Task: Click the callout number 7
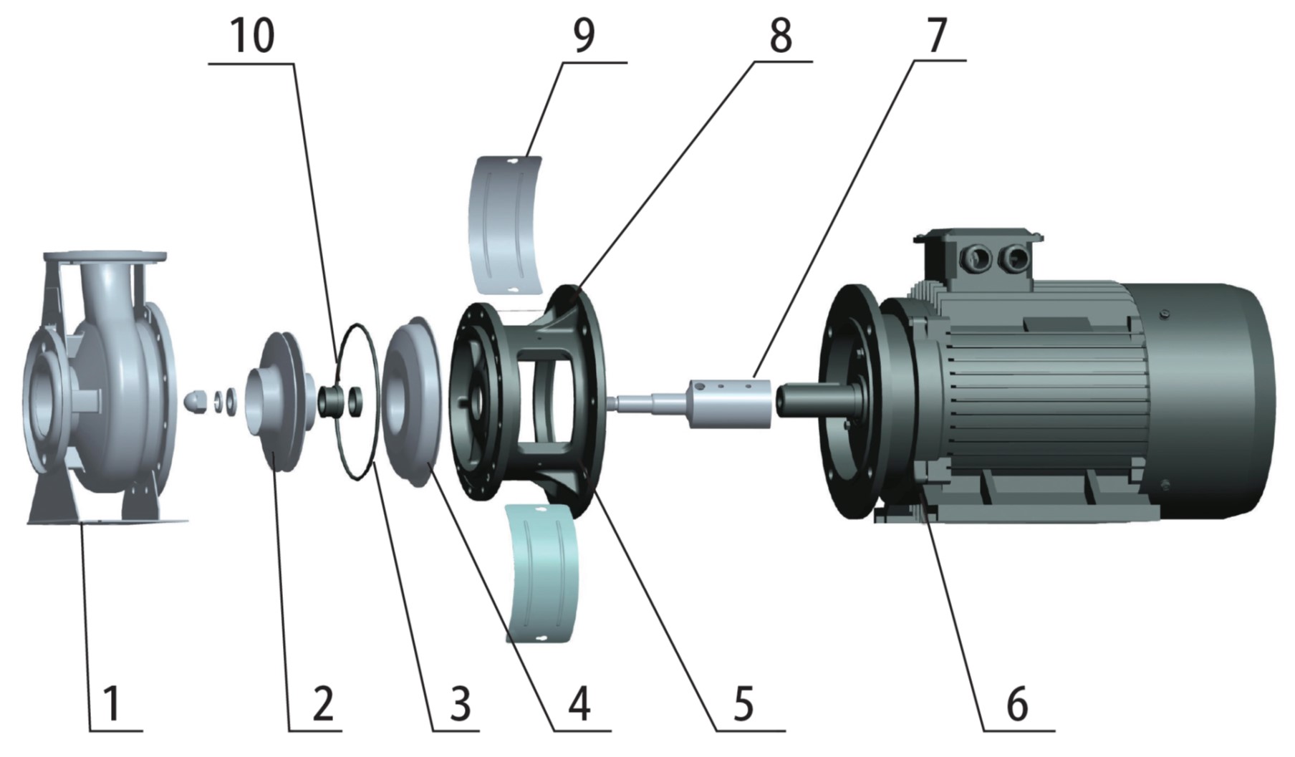point(935,35)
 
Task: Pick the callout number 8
point(780,35)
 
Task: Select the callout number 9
point(584,35)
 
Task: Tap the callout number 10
point(252,35)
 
